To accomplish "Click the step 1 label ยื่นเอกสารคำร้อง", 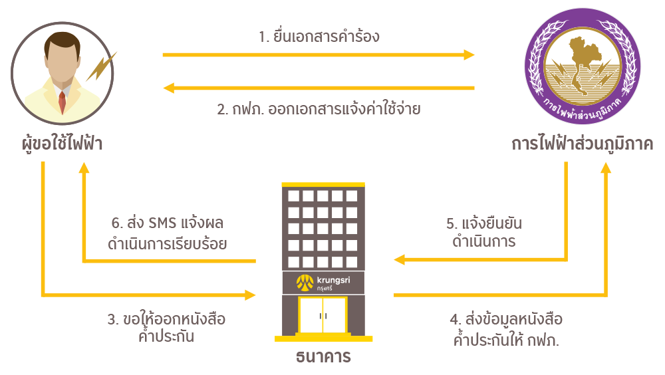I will (319, 36).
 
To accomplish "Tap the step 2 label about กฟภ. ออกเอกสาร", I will (319, 109).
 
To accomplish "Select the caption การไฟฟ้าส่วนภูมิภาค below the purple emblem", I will (582, 144).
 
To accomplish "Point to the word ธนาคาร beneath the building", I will (323, 356).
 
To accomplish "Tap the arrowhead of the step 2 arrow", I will (169, 88).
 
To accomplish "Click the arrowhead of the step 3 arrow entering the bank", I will (251, 294).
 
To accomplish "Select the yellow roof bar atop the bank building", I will (324, 184).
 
